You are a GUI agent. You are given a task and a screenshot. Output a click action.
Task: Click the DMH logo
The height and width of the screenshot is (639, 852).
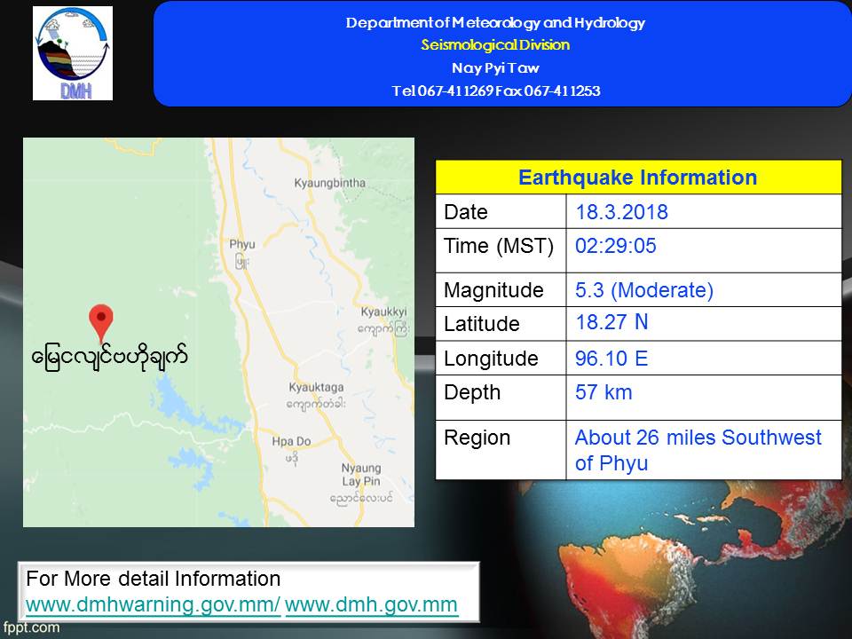(x=73, y=53)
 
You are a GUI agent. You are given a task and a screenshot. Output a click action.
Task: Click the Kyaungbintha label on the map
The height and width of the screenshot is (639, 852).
(x=330, y=183)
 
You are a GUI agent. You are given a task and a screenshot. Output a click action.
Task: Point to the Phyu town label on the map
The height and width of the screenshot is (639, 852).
(x=242, y=245)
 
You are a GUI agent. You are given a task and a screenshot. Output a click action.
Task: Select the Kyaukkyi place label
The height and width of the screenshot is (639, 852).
(x=383, y=312)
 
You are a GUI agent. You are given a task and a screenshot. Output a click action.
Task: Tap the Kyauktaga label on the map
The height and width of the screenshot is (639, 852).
(x=316, y=388)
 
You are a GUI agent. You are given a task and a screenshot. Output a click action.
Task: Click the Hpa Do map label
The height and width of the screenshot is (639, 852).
(x=291, y=441)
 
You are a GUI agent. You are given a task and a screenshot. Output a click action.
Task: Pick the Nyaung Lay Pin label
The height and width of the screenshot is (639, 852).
(x=361, y=474)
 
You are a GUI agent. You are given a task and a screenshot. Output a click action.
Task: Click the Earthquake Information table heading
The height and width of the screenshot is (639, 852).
(x=638, y=177)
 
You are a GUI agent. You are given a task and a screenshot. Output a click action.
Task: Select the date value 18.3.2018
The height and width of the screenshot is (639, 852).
(x=621, y=212)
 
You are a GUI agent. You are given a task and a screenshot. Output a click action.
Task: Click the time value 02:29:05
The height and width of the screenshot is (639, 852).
(x=616, y=246)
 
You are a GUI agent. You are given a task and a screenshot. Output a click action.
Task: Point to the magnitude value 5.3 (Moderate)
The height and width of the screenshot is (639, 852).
(x=644, y=290)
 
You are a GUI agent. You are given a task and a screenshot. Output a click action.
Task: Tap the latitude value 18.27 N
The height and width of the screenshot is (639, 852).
(x=611, y=322)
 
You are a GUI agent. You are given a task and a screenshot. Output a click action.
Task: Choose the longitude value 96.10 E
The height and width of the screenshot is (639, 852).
(x=611, y=359)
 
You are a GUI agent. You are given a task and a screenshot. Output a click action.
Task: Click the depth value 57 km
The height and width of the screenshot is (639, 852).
(x=603, y=392)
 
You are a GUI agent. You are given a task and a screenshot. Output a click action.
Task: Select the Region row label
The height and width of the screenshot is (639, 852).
(x=477, y=438)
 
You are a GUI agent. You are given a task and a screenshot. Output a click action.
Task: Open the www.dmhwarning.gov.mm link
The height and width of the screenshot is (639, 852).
(x=153, y=604)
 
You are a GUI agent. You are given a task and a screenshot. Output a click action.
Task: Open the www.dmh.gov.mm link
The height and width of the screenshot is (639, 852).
(x=371, y=604)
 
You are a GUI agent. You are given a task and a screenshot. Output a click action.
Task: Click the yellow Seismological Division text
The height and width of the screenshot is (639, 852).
(x=495, y=44)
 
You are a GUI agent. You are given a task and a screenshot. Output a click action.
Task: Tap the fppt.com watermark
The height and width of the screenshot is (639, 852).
(x=30, y=627)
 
